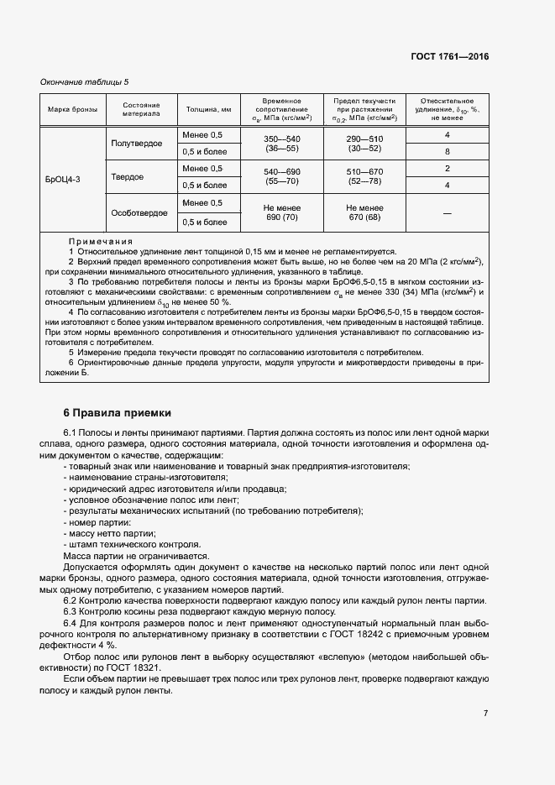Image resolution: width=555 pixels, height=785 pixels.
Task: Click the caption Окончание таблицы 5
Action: coord(84,81)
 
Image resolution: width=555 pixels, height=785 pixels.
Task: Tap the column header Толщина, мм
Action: coord(208,109)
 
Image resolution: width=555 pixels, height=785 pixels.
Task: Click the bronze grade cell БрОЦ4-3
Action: coord(64,179)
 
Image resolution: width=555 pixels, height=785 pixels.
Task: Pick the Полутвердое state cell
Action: coord(137,144)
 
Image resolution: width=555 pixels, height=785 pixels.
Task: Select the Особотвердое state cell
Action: coord(139,213)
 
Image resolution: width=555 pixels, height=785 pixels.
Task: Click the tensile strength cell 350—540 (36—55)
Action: coord(282,144)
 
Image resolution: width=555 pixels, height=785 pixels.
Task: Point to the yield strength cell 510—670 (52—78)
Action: coord(364,177)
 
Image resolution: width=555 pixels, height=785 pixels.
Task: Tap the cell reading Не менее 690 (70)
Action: coord(282,213)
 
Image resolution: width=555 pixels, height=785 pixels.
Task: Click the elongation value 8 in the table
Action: coord(448,152)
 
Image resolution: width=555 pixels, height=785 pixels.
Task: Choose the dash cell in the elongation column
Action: coord(448,213)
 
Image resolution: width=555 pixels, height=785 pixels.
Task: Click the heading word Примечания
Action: coord(101,240)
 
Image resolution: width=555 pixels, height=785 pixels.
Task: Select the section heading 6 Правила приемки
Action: coord(118,413)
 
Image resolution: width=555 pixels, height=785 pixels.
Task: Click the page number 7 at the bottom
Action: coord(485,714)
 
